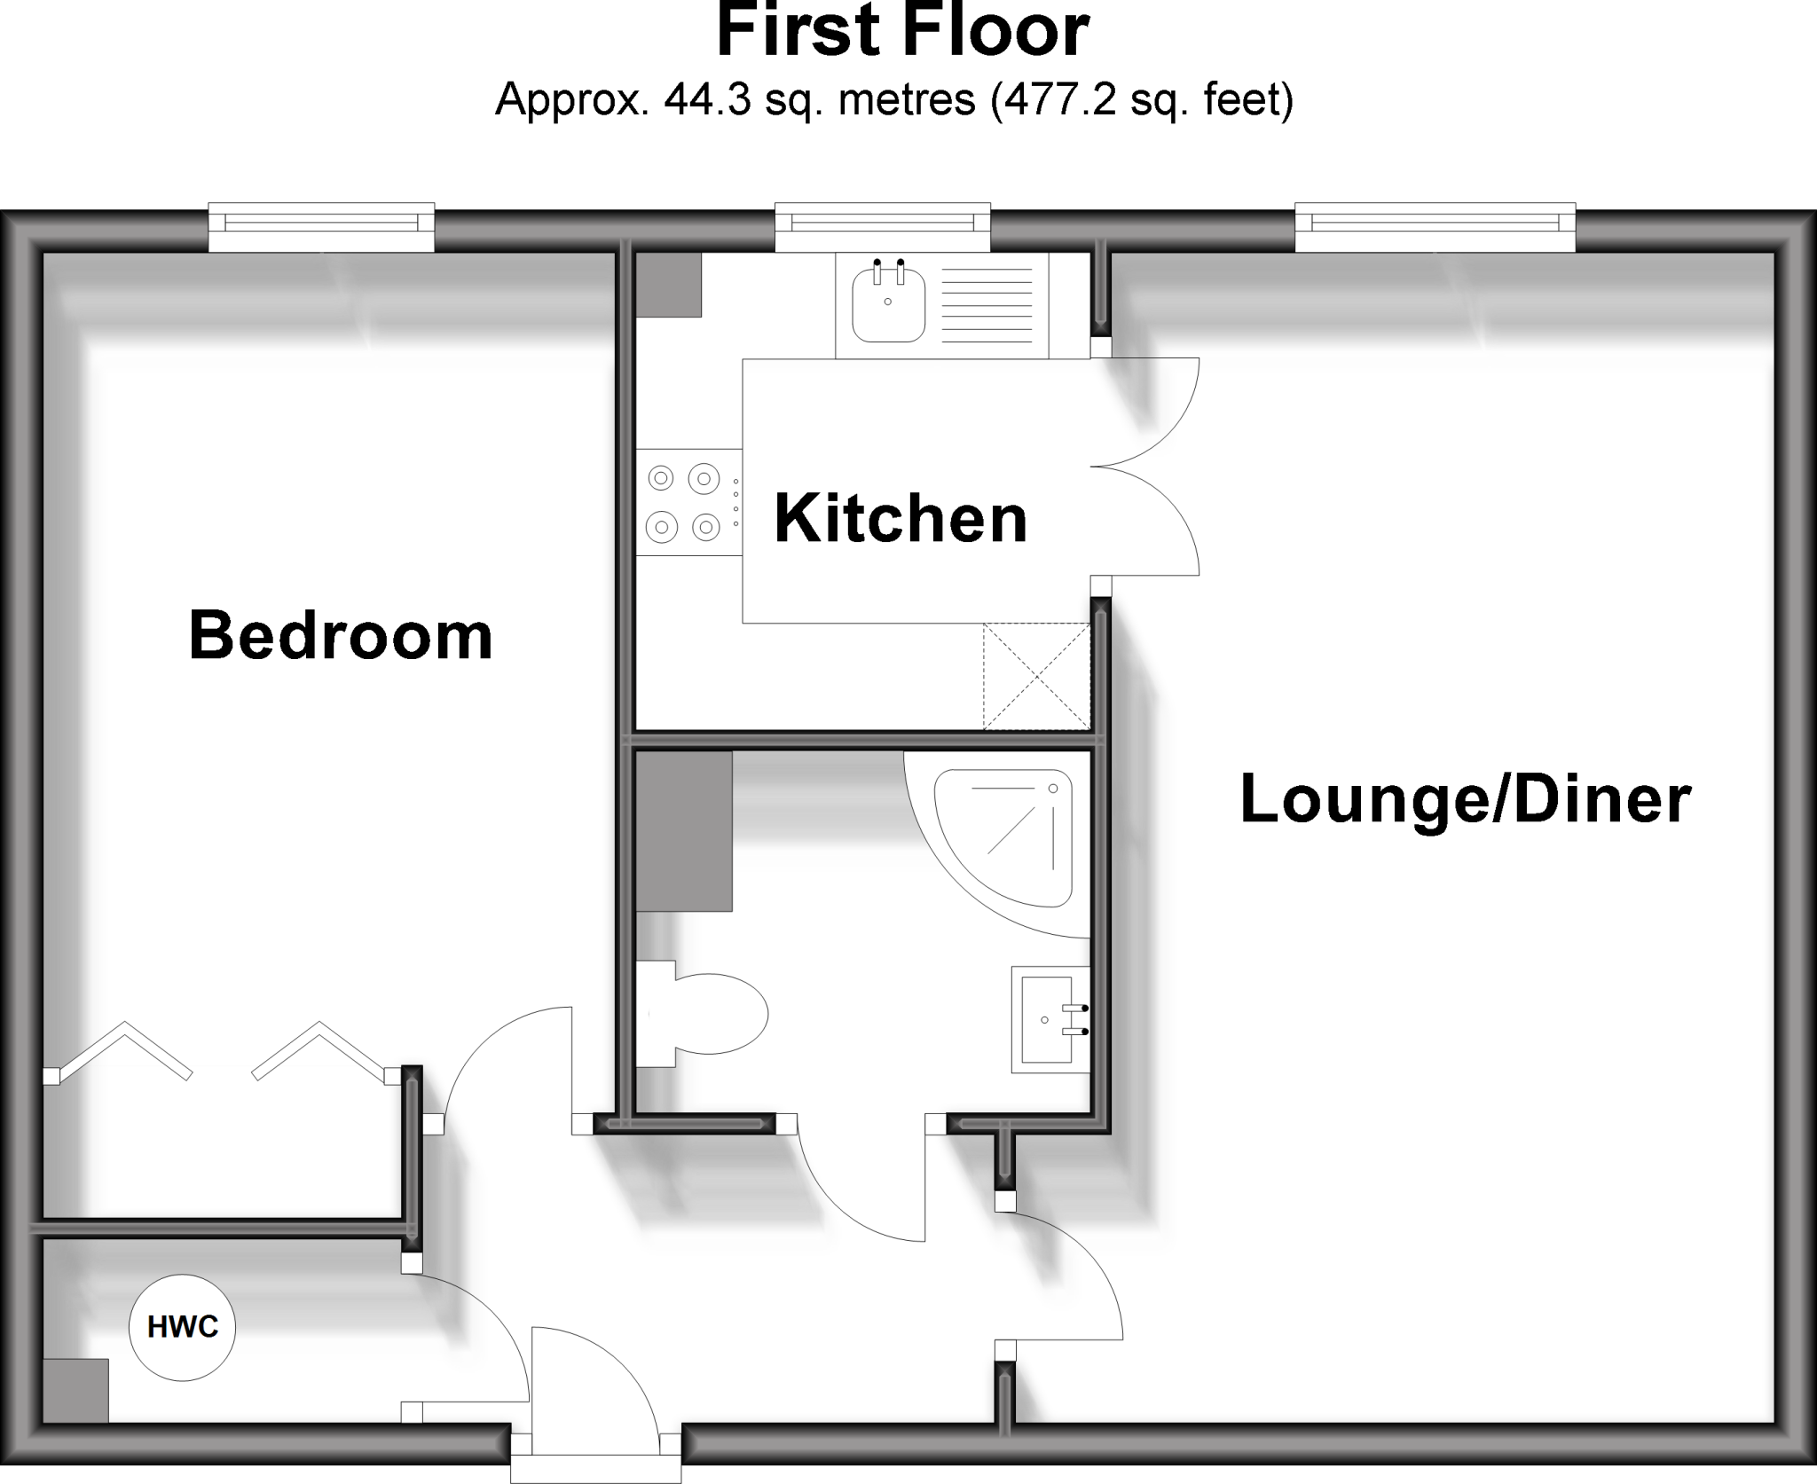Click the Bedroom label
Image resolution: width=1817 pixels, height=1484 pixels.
click(x=341, y=636)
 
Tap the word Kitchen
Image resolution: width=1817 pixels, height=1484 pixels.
click(x=901, y=519)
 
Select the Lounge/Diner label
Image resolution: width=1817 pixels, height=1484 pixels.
click(x=1465, y=800)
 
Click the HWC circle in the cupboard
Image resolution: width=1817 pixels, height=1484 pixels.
click(x=182, y=1327)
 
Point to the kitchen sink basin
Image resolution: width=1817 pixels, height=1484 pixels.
click(x=888, y=306)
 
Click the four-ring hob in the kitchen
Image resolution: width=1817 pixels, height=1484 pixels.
click(x=684, y=503)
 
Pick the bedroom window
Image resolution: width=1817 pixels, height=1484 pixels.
click(x=321, y=227)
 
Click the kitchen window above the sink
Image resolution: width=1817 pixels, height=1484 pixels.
click(x=883, y=227)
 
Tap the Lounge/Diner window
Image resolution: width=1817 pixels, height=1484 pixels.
click(x=1435, y=227)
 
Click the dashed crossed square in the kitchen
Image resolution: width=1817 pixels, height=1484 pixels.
click(x=1036, y=676)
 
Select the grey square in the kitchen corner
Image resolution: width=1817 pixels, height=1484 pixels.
click(x=669, y=285)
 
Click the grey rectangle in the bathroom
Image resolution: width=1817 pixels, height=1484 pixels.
click(x=684, y=831)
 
